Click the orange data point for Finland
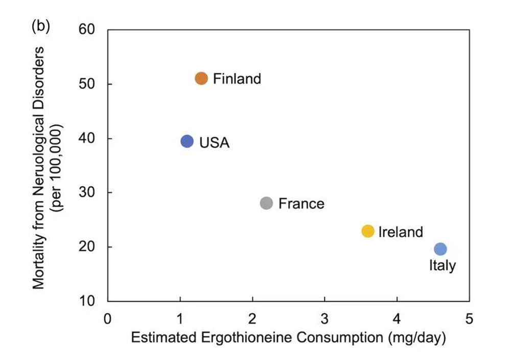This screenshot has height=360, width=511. coord(201,78)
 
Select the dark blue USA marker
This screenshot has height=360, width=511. coord(187,141)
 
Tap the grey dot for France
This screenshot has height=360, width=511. coord(266,203)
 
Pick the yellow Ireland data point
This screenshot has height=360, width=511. coord(368,231)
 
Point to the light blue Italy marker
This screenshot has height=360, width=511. coord(440,249)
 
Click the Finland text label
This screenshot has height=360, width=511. coord(237,79)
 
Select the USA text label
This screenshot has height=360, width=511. coord(214,143)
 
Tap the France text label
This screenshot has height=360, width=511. coord(301,204)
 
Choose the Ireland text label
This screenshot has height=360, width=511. coord(401,232)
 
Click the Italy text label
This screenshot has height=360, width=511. coord(442,265)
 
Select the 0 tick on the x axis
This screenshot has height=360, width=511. coord(107,320)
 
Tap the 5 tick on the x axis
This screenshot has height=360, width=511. coord(469,320)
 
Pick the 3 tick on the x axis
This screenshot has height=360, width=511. coord(324,320)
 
